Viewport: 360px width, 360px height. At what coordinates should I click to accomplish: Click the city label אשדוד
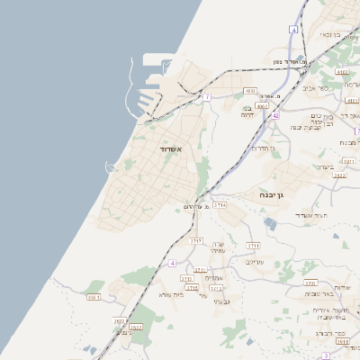171,148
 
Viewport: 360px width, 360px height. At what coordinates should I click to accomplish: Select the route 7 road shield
207,96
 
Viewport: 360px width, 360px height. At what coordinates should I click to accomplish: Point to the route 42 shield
275,116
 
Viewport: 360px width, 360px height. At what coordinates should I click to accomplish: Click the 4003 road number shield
249,91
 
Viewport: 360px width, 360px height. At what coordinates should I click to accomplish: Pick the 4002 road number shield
262,105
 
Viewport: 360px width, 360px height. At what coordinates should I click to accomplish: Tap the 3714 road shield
220,205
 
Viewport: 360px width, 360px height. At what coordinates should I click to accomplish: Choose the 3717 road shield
195,241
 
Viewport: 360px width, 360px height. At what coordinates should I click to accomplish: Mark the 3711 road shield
253,245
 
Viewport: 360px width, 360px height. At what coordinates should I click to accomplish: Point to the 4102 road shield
341,71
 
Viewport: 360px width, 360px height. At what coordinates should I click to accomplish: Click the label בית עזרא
171,294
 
